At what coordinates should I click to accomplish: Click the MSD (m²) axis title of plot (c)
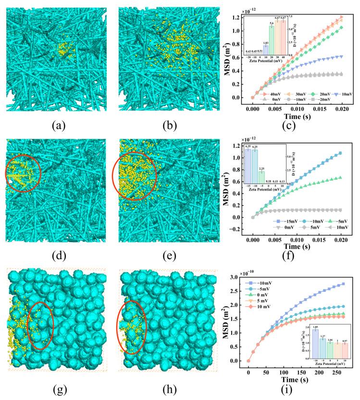click(x=223, y=57)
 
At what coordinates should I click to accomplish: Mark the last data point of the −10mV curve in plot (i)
click(x=342, y=284)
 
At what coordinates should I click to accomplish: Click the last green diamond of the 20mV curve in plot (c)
click(x=342, y=27)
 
